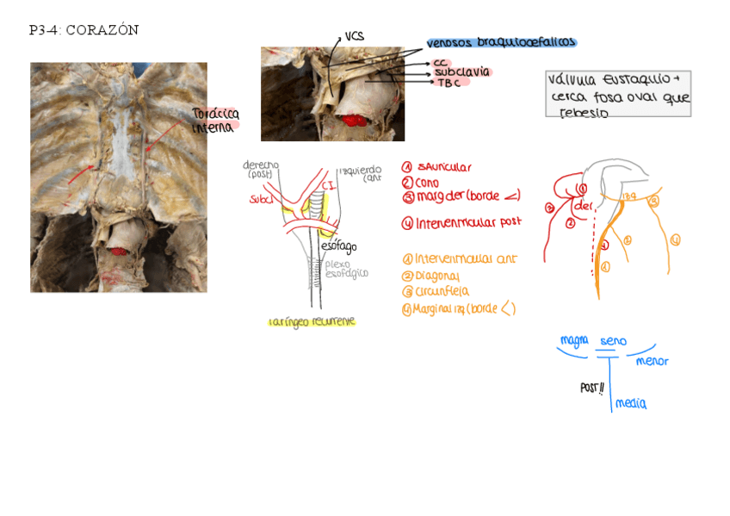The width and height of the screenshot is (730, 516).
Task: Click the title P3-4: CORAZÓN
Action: pos(84,31)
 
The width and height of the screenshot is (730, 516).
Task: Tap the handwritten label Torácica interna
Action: pos(214,121)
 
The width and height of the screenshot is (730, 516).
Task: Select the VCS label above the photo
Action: pos(354,36)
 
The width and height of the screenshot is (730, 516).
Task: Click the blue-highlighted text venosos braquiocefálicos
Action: pos(501,42)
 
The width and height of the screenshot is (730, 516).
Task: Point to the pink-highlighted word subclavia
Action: pos(461,72)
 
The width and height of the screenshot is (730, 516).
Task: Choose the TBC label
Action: pos(448,83)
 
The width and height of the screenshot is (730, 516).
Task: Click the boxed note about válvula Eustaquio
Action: pos(617,94)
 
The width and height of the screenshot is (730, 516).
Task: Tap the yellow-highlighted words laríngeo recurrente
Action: pos(311,321)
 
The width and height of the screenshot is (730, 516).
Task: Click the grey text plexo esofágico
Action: pos(346,269)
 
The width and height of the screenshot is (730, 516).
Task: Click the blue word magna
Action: pos(574,340)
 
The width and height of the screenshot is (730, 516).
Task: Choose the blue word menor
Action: pos(652,361)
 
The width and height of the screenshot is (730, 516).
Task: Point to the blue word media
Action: pos(631,403)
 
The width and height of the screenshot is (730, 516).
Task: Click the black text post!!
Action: pos(591,388)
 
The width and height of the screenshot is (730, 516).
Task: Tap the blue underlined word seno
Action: pos(613,342)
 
